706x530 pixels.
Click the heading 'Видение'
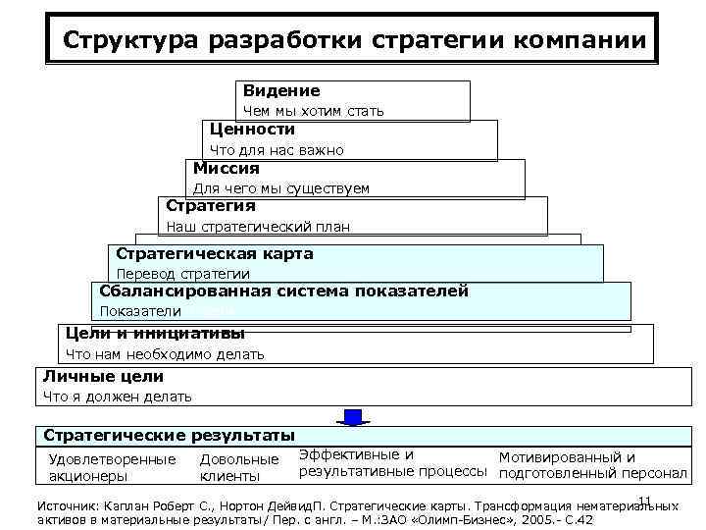coord(281,90)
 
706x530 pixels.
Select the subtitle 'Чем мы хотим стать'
coord(314,111)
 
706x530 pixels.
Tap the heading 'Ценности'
coord(252,129)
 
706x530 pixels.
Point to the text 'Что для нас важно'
coord(277,150)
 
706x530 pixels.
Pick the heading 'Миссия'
coord(227,168)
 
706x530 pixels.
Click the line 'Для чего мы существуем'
coord(281,188)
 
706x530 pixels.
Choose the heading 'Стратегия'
coord(211,206)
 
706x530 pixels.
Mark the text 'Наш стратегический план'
coord(258,227)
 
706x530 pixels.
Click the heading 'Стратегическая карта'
coord(215,254)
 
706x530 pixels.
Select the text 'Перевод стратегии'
coord(183,274)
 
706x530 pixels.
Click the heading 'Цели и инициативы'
coord(155,333)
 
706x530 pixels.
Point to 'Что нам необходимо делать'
coord(165,354)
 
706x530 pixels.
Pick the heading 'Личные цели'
coord(103,376)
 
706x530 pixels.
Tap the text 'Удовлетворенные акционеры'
coord(112,467)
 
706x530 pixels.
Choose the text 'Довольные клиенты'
coord(239,467)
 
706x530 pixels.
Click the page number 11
coord(644,503)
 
